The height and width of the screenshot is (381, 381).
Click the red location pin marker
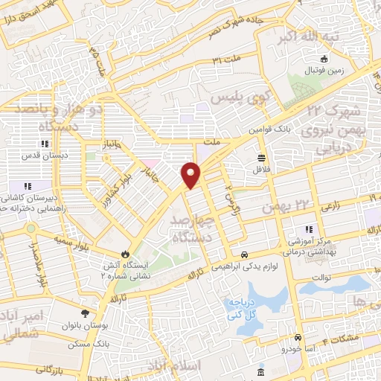point(191,175)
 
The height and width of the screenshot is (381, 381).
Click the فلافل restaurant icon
point(261,157)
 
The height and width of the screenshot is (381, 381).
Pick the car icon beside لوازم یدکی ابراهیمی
point(245,253)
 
